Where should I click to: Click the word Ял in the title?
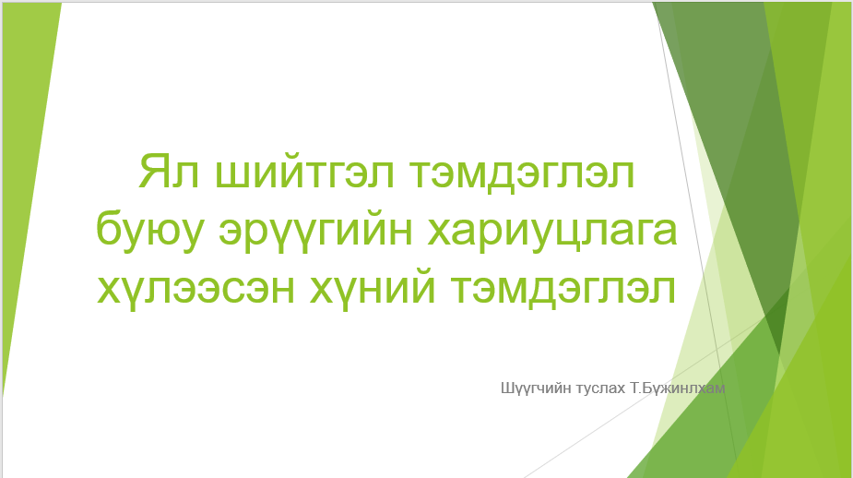pyautogui.click(x=169, y=172)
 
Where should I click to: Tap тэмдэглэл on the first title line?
pyautogui.click(x=522, y=174)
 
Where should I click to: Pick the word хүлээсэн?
pyautogui.click(x=195, y=289)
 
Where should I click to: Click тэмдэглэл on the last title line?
pyautogui.click(x=563, y=290)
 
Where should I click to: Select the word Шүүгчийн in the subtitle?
pyautogui.click(x=536, y=388)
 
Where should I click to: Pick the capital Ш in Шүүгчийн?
pyautogui.click(x=507, y=388)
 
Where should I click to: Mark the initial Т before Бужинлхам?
pyautogui.click(x=634, y=388)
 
